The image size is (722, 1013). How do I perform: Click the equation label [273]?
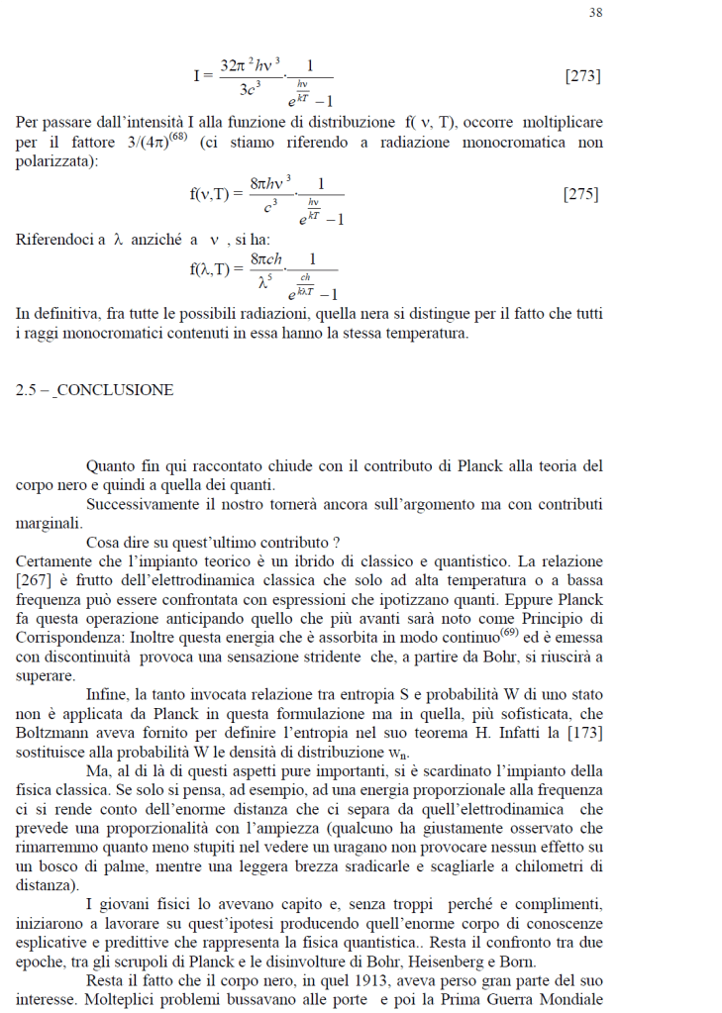pos(582,76)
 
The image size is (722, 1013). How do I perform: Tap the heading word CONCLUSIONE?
pos(114,390)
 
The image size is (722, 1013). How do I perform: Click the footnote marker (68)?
pos(178,137)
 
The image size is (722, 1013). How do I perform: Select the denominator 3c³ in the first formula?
pos(254,90)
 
